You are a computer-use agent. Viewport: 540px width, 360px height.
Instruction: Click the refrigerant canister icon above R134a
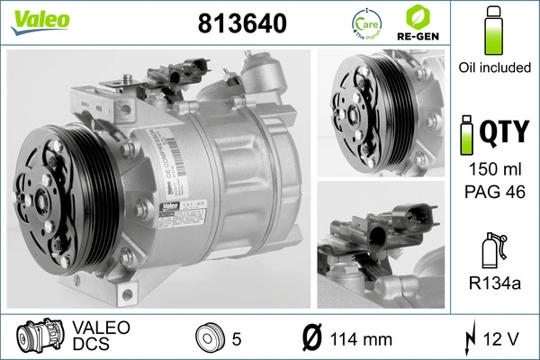pyautogui.click(x=491, y=247)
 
